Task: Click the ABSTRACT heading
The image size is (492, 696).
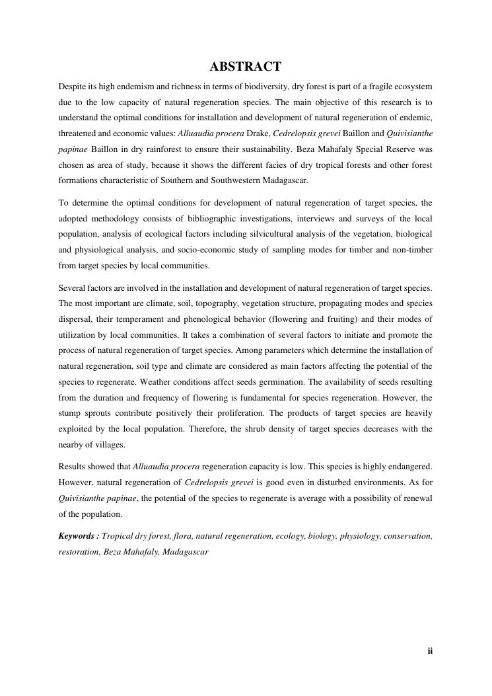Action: [246, 67]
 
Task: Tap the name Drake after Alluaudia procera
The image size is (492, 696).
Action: [259, 134]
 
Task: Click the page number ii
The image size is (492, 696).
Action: [430, 651]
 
